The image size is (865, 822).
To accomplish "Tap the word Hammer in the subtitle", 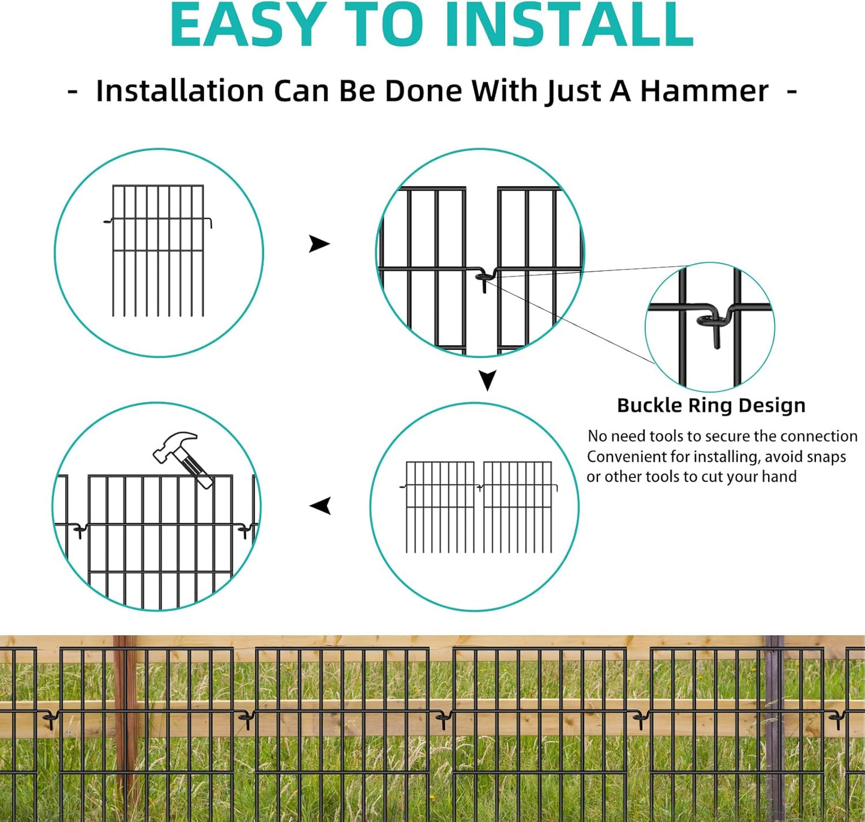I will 704,92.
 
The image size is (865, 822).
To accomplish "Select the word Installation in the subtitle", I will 180,92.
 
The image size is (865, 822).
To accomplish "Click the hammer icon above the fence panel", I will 181,458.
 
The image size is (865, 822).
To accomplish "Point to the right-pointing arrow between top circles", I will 319,244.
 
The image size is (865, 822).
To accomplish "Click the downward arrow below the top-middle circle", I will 487,380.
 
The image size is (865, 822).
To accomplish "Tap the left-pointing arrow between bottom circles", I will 321,506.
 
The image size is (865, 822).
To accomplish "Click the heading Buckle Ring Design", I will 711,406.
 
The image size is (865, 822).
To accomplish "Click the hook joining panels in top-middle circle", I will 485,278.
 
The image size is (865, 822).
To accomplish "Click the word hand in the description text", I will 779,477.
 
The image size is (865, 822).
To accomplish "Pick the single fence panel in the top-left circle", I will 158,250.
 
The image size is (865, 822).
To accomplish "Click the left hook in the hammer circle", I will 80,530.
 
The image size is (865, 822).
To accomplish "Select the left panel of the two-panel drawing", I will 440,506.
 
